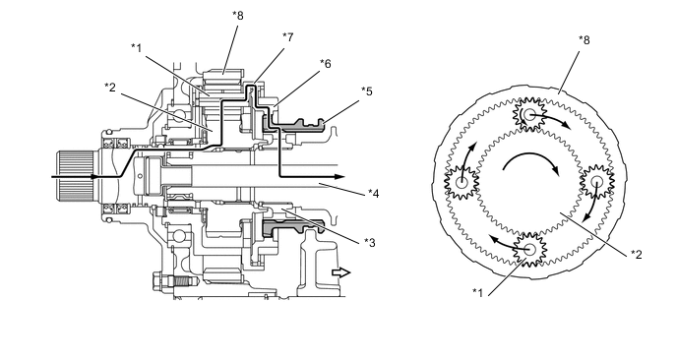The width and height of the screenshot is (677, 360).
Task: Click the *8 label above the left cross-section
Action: coord(238,16)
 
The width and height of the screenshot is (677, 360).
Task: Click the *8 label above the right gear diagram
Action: coord(585,40)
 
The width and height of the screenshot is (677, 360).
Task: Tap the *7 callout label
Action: coord(288,37)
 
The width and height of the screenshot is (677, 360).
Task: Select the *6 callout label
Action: coord(326,64)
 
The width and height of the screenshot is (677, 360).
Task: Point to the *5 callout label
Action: coord(367,91)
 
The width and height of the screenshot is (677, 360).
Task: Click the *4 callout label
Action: coord(374,194)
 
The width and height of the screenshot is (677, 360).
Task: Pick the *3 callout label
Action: coord(370,243)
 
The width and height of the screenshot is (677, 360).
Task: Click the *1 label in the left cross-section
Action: coord(137,48)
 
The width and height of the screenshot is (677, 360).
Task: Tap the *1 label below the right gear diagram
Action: coord(477,293)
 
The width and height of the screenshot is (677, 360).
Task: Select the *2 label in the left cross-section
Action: coord(110,88)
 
